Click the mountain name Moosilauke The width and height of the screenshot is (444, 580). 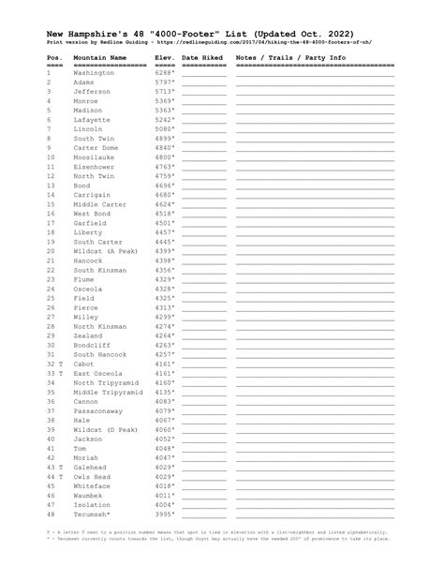point(94,157)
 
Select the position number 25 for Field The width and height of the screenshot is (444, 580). point(52,298)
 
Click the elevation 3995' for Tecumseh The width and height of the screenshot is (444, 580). point(165,514)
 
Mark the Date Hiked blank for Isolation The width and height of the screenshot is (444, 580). point(204,505)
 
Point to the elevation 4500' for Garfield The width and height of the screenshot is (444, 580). point(165,223)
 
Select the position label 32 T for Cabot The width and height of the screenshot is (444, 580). point(54,364)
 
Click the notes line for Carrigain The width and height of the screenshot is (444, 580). point(315,195)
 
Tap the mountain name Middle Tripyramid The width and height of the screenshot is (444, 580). point(108,392)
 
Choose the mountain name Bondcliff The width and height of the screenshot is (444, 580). point(93,345)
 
